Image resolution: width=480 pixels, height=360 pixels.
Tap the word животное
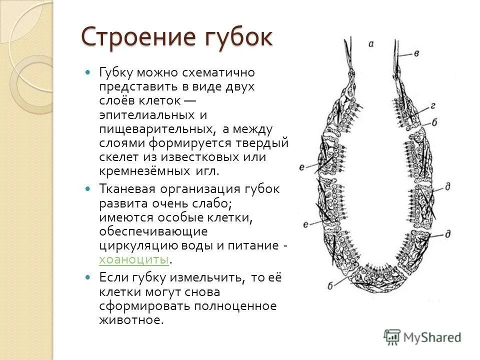point(131,320)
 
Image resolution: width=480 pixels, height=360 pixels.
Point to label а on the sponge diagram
point(371,44)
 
